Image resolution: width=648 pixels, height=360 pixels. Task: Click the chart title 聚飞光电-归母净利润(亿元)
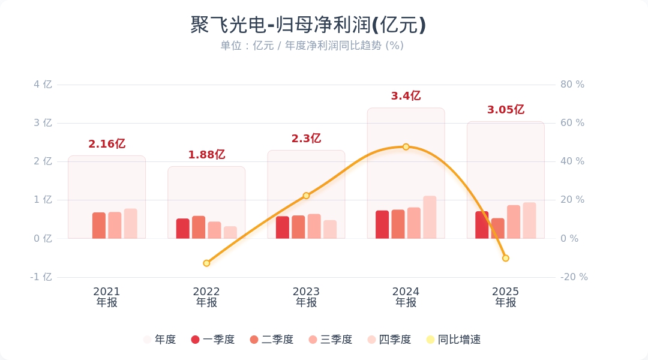(x=308, y=25)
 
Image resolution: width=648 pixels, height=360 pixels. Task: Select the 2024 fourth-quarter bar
(x=430, y=217)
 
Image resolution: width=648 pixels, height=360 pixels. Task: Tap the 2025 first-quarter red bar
(x=482, y=225)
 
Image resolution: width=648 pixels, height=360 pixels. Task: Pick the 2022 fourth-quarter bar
(x=230, y=232)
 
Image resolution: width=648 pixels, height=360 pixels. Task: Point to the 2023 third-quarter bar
(x=314, y=226)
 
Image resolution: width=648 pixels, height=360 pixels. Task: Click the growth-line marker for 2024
(x=406, y=147)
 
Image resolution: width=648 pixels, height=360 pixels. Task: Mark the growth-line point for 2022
(x=206, y=263)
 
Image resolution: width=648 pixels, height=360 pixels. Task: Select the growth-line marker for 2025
(x=506, y=258)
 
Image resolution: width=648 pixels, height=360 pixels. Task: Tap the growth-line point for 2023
(x=306, y=196)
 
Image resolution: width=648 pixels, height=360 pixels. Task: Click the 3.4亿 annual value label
(x=406, y=96)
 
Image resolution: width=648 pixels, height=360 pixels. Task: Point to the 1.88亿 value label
(x=206, y=155)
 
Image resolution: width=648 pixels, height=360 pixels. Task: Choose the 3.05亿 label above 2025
(x=506, y=110)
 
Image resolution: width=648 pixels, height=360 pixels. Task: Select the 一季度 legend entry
(x=213, y=340)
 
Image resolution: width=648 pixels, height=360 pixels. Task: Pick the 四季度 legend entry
(x=389, y=340)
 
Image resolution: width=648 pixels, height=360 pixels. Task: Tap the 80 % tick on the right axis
(x=572, y=85)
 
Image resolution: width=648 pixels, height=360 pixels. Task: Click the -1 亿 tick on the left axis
(x=41, y=277)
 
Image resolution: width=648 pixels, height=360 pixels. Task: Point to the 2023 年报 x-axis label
(x=306, y=297)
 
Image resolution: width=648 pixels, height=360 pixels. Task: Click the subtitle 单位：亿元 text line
(x=312, y=46)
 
